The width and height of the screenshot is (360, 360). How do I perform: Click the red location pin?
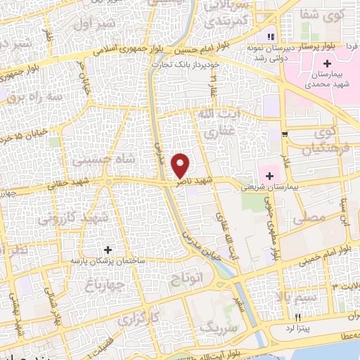[x=181, y=165]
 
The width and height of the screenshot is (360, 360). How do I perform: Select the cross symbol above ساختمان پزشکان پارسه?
[x=108, y=250]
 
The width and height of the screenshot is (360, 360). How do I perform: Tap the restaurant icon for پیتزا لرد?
[x=298, y=317]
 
